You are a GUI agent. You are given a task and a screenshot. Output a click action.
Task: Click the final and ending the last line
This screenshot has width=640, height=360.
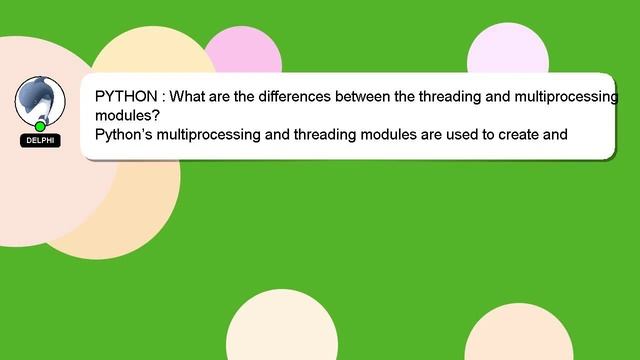[555, 132]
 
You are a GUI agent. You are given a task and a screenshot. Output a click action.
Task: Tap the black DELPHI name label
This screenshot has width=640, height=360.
[40, 141]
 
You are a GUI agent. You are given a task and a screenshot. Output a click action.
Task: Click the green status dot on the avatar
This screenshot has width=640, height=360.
[40, 127]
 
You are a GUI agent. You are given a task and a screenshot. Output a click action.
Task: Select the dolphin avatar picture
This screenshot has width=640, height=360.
[40, 100]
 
